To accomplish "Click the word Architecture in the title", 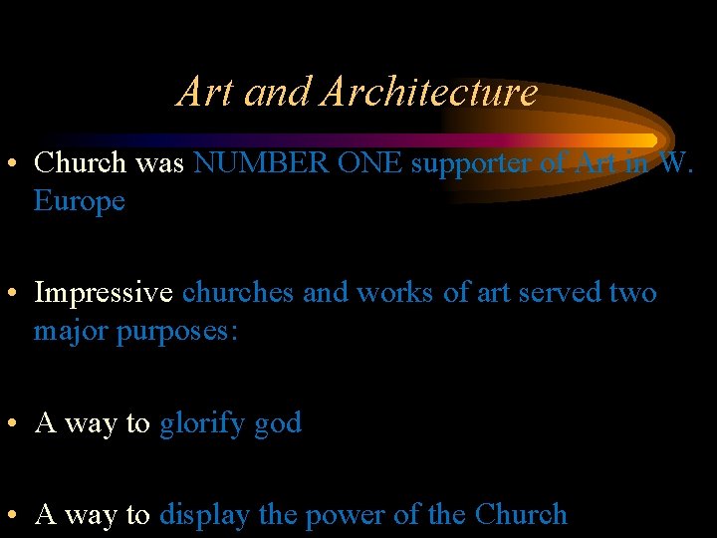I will [x=429, y=92].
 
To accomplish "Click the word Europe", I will [x=80, y=202].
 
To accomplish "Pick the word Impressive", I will [x=105, y=294].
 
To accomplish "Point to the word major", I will [x=72, y=332].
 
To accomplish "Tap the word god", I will [x=278, y=424].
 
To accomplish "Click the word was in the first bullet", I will [x=160, y=163].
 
